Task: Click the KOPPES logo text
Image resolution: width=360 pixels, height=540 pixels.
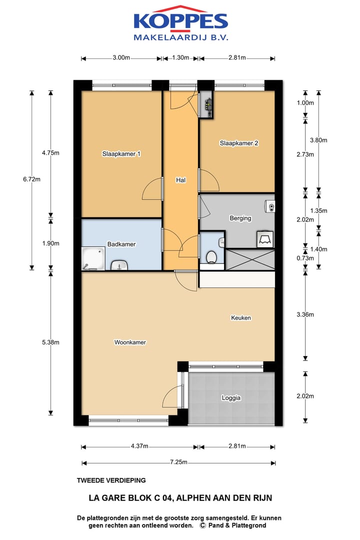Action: (181, 21)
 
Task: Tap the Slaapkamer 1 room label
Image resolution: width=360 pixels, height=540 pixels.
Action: (121, 154)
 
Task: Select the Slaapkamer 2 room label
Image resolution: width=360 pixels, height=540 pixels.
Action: (239, 143)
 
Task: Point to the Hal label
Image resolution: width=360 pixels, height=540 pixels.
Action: (181, 180)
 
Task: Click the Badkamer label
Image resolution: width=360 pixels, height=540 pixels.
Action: (121, 244)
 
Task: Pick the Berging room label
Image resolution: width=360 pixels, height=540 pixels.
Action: (240, 218)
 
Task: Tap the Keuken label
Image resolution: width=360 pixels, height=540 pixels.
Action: (241, 318)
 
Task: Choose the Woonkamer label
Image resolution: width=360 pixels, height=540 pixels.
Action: (130, 342)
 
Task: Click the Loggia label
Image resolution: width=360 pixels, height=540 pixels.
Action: (231, 398)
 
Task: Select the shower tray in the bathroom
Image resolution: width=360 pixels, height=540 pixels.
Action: (93, 258)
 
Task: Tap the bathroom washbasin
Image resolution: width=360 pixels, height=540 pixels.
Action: (119, 265)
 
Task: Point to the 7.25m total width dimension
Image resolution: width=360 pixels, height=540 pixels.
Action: (178, 462)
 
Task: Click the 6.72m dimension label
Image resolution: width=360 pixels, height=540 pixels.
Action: (31, 179)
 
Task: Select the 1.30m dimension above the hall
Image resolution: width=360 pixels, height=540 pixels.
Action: (180, 57)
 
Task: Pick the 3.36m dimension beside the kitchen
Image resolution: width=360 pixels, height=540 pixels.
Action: (305, 314)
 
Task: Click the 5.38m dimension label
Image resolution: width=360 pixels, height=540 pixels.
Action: (50, 342)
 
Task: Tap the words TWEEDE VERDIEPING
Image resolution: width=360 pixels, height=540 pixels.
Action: (111, 480)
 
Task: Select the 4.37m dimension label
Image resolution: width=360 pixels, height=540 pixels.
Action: (139, 446)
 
